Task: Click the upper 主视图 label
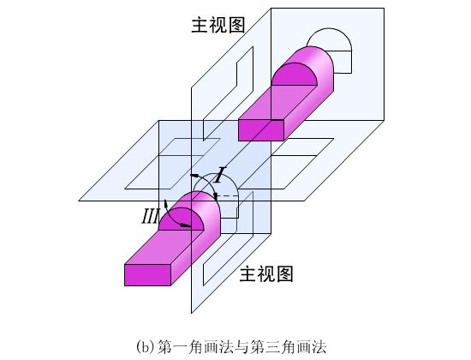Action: click(x=218, y=25)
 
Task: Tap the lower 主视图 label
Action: click(x=266, y=274)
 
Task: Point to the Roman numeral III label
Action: click(x=150, y=216)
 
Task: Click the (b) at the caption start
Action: click(x=146, y=347)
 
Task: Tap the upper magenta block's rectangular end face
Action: click(x=261, y=130)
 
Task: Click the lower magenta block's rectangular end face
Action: click(x=147, y=275)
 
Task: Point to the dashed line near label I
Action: click(x=228, y=196)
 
